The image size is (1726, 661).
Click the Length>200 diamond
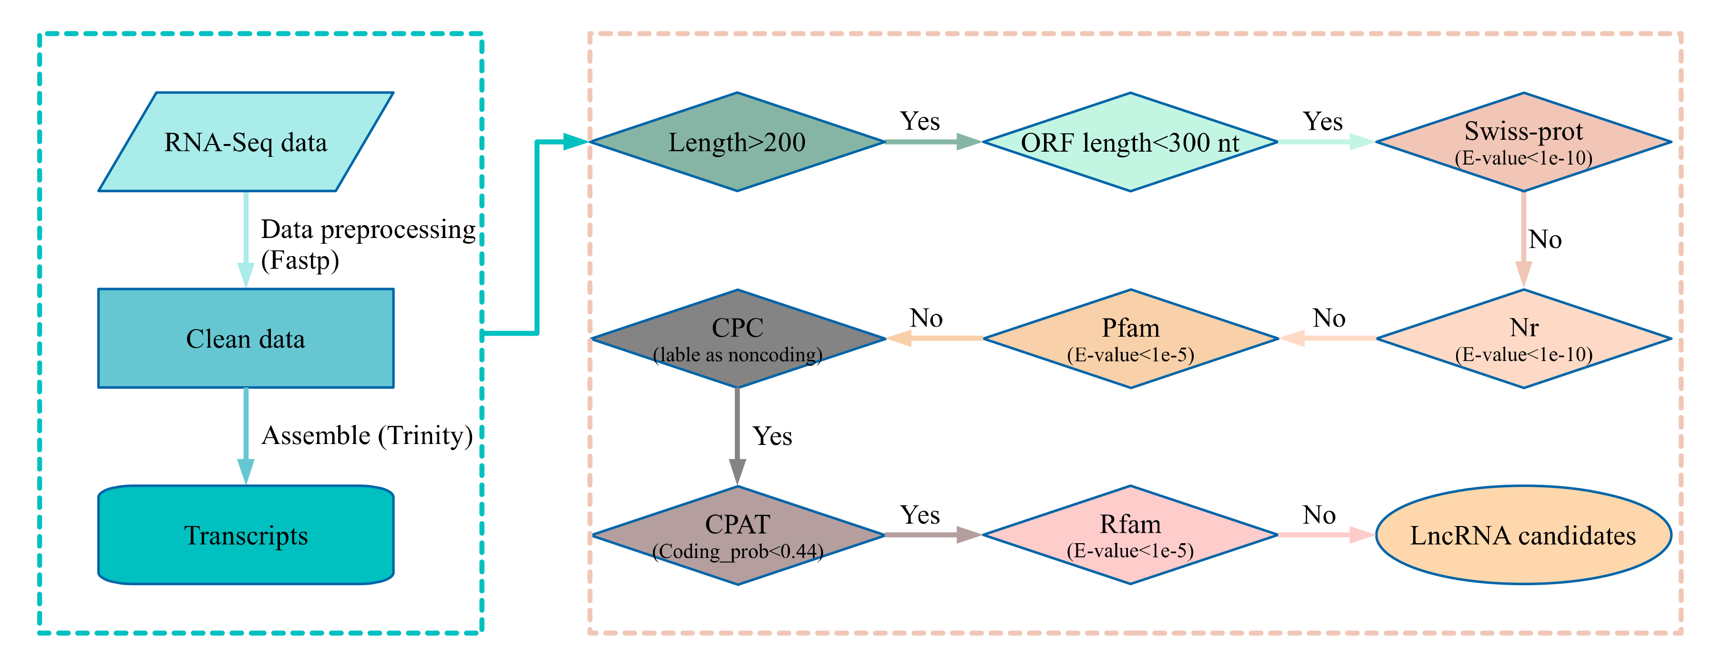737,142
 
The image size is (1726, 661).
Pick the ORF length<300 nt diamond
1130,142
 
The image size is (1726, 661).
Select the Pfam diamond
1130,338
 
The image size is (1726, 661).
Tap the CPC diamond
737,338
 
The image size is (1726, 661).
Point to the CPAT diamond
737,535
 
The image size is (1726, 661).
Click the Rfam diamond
1130,535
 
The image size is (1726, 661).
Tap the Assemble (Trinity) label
367,435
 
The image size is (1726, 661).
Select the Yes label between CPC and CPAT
772,436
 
